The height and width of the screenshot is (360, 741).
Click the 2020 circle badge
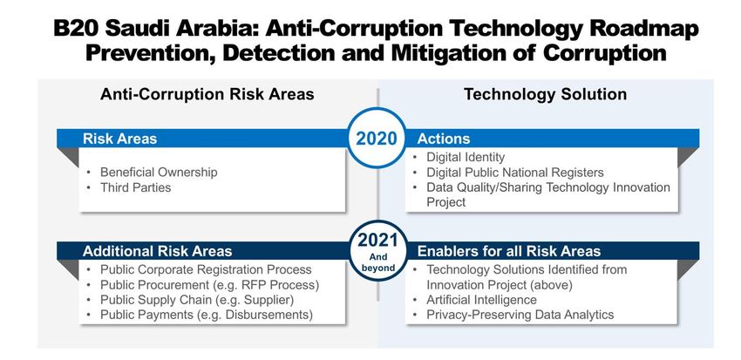(x=377, y=138)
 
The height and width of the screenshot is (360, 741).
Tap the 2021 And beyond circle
(x=377, y=251)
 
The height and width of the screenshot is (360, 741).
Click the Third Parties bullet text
(x=136, y=187)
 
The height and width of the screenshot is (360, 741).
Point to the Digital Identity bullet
(x=466, y=157)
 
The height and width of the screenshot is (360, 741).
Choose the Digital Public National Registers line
(x=515, y=173)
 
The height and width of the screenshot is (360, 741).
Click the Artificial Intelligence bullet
(x=481, y=300)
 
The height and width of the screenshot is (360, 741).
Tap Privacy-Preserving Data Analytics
(x=520, y=316)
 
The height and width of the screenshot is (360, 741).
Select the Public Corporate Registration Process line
(x=206, y=269)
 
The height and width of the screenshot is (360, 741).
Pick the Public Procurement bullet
(x=210, y=285)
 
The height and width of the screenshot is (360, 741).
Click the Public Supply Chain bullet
(x=197, y=300)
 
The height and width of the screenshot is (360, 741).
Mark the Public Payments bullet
(x=207, y=316)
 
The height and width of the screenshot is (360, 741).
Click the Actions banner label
(x=443, y=139)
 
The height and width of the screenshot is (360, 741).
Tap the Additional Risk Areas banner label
(x=158, y=251)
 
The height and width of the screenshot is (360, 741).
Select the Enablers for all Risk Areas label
(x=509, y=251)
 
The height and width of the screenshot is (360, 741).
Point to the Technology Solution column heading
(x=546, y=94)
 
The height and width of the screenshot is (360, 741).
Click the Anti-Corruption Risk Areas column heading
(x=207, y=94)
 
